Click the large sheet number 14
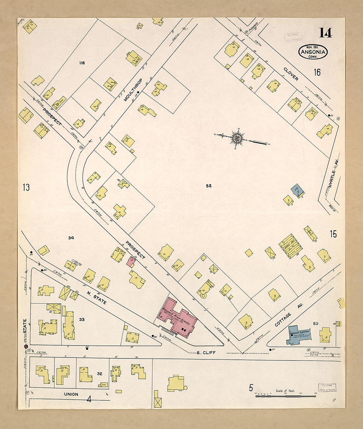(325, 33)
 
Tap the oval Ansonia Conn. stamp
(313, 52)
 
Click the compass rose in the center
(237, 138)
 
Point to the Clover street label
(291, 74)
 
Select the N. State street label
(97, 297)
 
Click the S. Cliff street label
(206, 352)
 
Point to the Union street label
(71, 394)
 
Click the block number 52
(209, 186)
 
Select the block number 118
(82, 63)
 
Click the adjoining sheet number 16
(317, 72)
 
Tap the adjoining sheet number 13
(26, 188)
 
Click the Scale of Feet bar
(286, 395)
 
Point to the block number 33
(82, 320)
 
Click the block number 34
(71, 238)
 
